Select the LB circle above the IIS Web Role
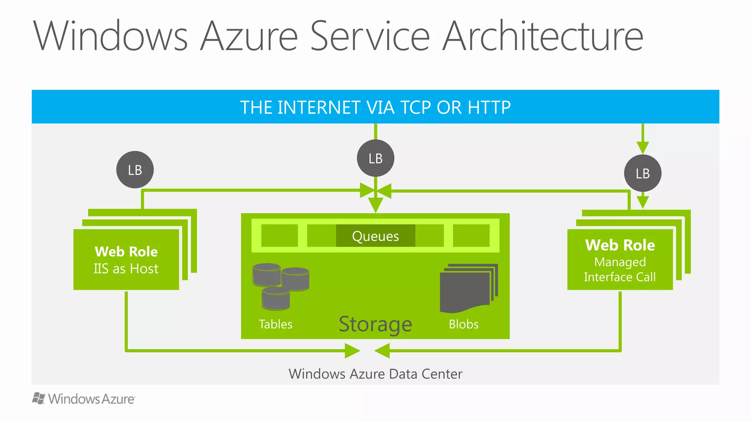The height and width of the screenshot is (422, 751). (135, 170)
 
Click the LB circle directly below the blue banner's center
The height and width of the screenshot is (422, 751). (375, 158)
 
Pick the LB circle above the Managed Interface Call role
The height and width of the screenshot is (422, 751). (642, 173)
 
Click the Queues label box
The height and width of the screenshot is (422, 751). (375, 236)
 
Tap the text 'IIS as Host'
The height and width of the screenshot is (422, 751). (126, 269)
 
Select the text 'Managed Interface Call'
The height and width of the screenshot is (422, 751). (620, 270)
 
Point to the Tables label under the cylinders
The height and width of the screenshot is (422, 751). (275, 324)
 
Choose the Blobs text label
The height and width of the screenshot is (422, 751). (464, 324)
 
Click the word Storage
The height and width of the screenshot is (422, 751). (375, 324)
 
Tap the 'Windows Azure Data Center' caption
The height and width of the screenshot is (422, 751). (375, 374)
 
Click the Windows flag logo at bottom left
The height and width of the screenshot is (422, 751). (38, 399)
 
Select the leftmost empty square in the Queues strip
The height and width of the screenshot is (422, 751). (279, 236)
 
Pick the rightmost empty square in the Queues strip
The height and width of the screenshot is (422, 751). (471, 236)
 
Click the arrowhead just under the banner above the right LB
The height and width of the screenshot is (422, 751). (642, 147)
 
